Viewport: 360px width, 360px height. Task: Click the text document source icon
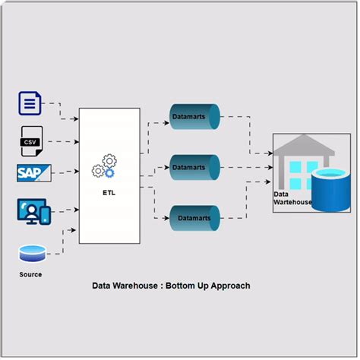29,103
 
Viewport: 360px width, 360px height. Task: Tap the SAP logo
33,172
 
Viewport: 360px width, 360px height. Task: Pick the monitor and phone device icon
33,210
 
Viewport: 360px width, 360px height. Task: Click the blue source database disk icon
31,251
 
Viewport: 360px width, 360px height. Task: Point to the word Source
30,273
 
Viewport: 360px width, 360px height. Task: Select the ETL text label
109,192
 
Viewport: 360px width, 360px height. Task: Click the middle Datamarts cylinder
194,166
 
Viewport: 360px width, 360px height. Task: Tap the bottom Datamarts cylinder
194,217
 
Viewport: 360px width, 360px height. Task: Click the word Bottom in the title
182,286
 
